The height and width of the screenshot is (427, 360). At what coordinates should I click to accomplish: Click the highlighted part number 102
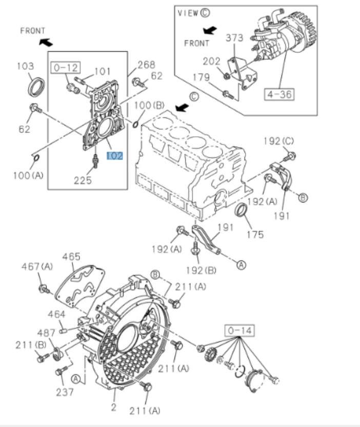114,155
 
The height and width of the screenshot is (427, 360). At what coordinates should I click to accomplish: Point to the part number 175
254,234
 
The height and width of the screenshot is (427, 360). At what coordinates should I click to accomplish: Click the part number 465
72,256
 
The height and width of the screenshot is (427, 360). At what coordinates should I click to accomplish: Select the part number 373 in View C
235,38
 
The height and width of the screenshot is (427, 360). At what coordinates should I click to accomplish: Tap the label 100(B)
149,105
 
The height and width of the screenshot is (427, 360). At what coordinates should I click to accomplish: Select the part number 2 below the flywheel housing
114,408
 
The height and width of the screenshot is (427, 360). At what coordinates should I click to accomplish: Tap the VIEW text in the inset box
188,13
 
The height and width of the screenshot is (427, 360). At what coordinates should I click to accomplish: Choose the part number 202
212,61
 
